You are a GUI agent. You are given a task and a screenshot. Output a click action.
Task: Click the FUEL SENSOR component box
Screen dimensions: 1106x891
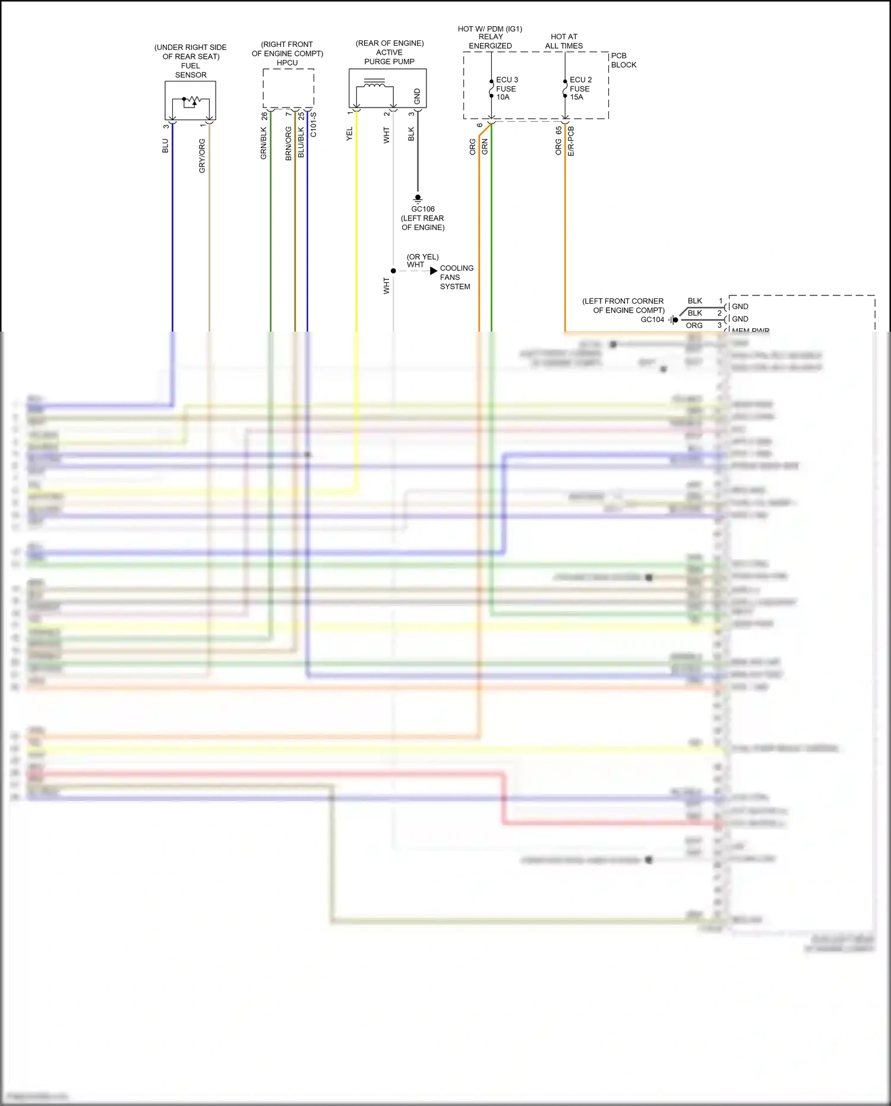pyautogui.click(x=190, y=101)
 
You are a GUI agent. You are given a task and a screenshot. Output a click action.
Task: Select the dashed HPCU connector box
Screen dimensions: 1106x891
pyautogui.click(x=288, y=88)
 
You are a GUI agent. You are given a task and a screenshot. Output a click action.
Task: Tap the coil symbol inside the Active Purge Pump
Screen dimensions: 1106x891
pyautogui.click(x=374, y=84)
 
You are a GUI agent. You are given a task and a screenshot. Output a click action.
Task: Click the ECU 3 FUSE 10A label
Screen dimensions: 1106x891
pyautogui.click(x=507, y=89)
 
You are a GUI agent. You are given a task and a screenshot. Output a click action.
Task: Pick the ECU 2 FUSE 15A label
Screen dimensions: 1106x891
pyautogui.click(x=580, y=89)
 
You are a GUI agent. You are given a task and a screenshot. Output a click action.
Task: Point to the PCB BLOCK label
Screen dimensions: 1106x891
pyautogui.click(x=623, y=60)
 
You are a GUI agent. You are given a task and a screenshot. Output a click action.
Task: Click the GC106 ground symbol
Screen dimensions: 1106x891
pyautogui.click(x=418, y=198)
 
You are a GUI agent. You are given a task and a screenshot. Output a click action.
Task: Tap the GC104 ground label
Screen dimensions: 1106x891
pyautogui.click(x=652, y=320)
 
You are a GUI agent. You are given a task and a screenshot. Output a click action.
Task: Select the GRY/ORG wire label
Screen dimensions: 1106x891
pyautogui.click(x=202, y=156)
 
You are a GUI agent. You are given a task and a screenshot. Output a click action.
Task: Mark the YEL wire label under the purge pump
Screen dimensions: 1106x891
pyautogui.click(x=349, y=134)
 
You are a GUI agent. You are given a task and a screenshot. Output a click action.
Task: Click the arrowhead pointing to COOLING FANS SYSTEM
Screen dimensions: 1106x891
pyautogui.click(x=434, y=271)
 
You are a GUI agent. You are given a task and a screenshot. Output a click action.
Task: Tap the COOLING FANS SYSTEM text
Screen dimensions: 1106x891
pyautogui.click(x=456, y=278)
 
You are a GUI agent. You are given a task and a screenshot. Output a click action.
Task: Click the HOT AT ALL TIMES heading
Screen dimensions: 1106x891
pyautogui.click(x=564, y=41)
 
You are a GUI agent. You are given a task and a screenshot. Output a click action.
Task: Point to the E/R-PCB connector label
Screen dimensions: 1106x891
pyautogui.click(x=571, y=141)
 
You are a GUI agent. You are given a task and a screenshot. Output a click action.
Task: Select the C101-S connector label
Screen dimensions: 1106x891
pyautogui.click(x=313, y=125)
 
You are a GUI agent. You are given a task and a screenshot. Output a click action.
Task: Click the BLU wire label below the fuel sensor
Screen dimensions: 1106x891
pyautogui.click(x=165, y=146)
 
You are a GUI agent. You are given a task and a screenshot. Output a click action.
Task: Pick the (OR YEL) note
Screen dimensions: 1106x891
pyautogui.click(x=422, y=257)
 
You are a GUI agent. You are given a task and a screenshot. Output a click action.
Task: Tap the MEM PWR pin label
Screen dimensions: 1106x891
pyautogui.click(x=750, y=330)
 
